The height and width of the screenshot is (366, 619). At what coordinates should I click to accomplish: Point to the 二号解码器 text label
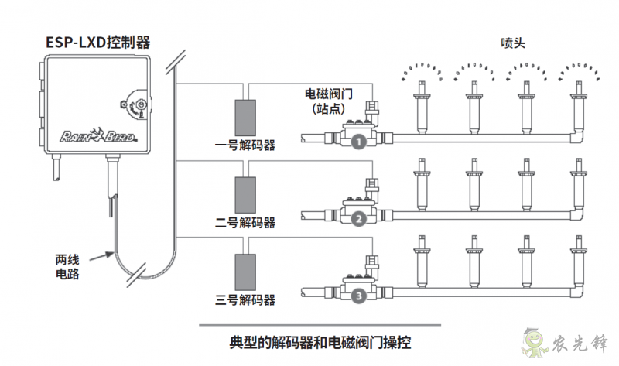point(245,223)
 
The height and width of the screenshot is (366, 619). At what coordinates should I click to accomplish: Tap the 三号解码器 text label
point(245,299)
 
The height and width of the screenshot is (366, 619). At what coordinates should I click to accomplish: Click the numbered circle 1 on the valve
point(357,142)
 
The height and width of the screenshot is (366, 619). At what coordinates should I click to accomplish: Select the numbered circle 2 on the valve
point(357,219)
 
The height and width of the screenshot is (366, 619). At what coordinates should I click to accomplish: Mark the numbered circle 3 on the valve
point(357,296)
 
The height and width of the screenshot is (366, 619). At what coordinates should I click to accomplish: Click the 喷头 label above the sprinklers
point(512,43)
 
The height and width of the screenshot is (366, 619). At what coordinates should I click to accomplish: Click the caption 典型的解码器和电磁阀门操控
point(320,341)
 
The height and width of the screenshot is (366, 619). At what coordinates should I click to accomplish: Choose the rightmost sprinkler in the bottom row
point(578,263)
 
